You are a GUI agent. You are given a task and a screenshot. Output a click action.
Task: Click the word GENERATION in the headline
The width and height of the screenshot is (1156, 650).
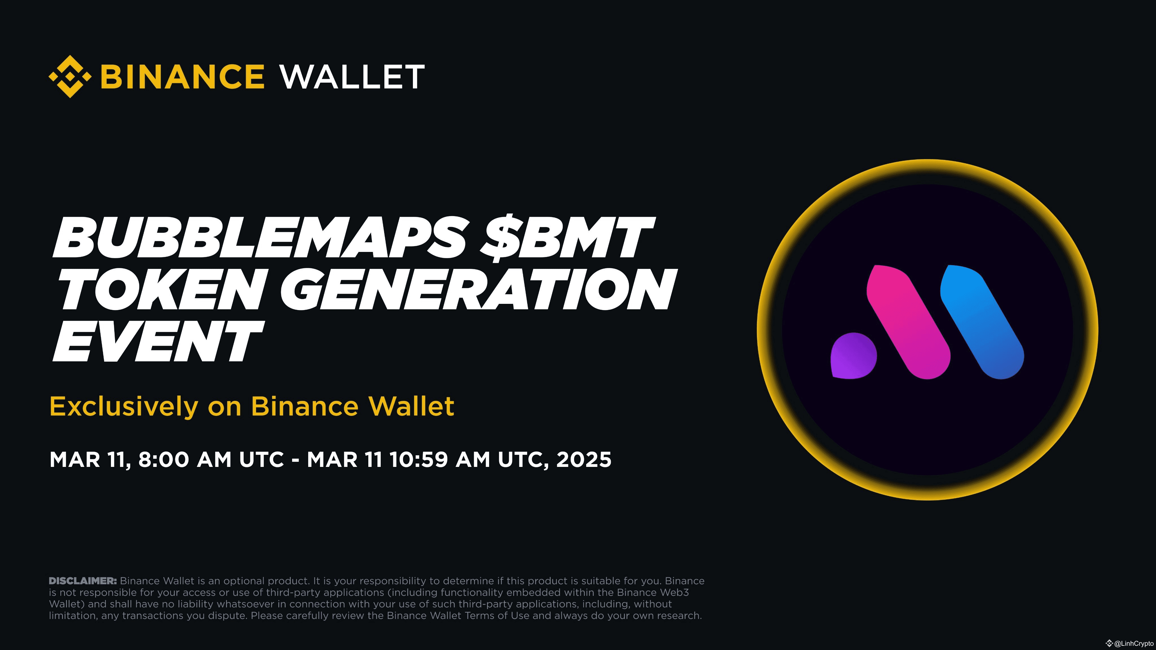point(478,290)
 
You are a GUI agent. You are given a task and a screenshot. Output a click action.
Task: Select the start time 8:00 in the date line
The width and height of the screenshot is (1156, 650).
point(163,459)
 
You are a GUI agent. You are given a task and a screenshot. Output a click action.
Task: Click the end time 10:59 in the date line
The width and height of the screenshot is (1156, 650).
point(418,459)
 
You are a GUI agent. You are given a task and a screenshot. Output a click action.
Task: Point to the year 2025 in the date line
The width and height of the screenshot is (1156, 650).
point(583,459)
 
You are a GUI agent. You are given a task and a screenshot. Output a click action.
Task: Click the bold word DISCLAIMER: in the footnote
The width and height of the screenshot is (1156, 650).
point(83,581)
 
